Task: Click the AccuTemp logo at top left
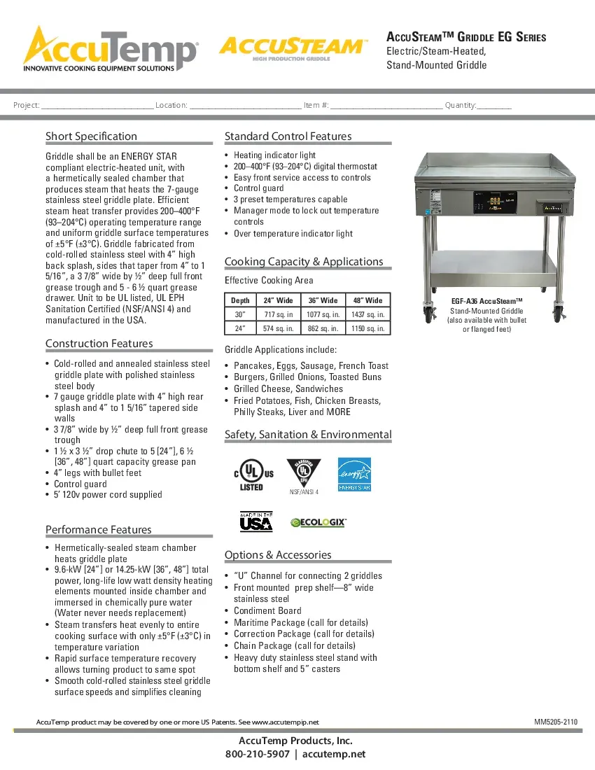110,49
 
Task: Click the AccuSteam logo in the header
292,48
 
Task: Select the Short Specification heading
91,136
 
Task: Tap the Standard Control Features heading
288,136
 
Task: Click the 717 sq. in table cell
279,314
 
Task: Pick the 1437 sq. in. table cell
366,314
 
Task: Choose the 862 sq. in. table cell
323,328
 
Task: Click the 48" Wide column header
366,300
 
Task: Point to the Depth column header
240,300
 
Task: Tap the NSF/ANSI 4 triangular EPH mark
304,473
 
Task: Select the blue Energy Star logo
354,474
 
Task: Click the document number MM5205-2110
556,722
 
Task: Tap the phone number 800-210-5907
257,754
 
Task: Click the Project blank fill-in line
97,106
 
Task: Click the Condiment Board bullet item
267,610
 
